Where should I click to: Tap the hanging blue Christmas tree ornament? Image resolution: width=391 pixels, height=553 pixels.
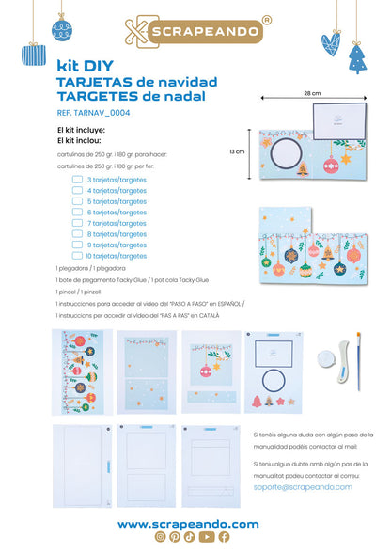358,58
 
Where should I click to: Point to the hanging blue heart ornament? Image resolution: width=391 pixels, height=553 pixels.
331,40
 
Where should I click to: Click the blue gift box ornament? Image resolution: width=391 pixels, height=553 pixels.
34,54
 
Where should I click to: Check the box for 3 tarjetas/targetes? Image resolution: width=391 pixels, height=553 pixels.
77,179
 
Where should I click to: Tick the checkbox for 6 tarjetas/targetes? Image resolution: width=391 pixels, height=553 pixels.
77,212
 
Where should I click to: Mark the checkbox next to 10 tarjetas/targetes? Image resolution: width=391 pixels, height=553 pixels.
77,255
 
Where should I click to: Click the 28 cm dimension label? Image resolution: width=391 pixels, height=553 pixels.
312,94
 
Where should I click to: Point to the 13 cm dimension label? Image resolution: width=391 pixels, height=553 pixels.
236,152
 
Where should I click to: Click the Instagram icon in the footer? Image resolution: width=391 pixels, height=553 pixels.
160,537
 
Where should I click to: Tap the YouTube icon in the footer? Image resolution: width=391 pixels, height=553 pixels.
207,537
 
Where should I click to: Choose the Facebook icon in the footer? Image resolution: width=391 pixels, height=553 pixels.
223,537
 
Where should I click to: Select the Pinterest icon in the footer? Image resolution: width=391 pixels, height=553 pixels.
175,537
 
